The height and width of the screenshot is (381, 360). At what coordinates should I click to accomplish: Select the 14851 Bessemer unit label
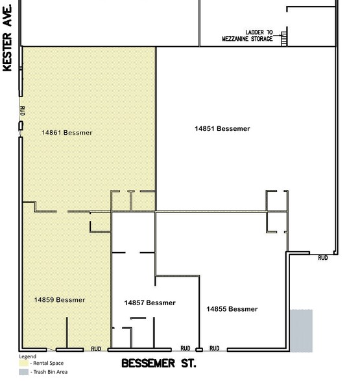222,128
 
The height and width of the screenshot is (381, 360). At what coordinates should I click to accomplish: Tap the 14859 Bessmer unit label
60,300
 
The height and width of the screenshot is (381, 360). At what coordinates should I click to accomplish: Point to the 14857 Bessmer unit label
149,303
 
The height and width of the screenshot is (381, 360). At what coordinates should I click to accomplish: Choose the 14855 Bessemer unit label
232,308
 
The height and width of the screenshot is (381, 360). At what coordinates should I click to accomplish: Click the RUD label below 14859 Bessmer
96,348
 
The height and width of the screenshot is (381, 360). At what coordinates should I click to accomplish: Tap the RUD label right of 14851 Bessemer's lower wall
322,258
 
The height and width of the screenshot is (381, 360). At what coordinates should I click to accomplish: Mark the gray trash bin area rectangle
300,330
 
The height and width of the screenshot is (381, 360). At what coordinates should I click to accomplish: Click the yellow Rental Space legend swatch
23,363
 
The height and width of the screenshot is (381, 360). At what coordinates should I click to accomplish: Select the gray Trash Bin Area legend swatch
23,372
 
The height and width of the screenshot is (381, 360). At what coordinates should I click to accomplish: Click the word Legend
27,356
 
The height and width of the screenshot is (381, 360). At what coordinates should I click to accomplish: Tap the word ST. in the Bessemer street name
187,364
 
